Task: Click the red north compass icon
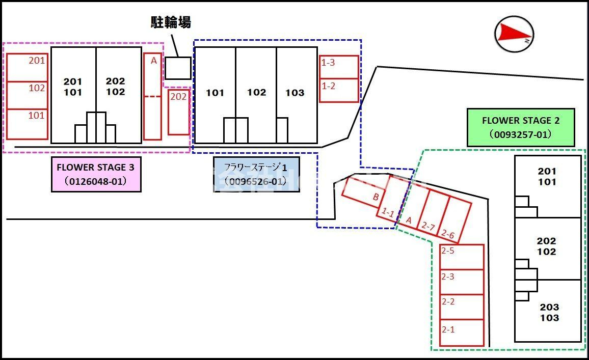514,33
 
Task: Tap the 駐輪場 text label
171,22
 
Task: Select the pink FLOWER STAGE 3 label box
96,174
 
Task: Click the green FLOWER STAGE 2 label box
521,127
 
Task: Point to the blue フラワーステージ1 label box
256,174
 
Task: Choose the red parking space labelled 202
178,112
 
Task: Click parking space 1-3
339,67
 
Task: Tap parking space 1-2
339,91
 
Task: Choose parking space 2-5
461,257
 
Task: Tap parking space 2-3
461,282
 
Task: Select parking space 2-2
461,307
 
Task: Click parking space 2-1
461,333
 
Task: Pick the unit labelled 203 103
548,312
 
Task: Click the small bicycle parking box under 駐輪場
178,68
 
